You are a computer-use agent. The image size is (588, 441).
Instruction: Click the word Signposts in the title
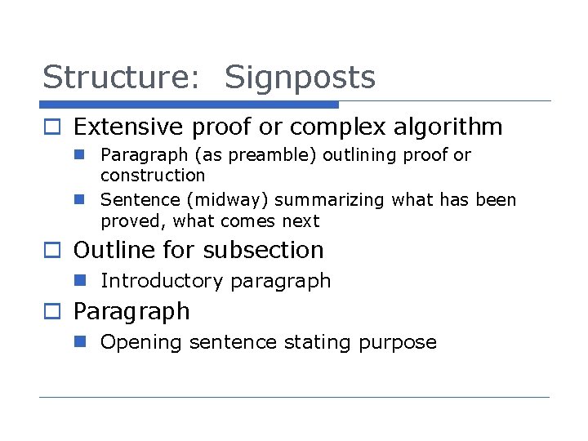pyautogui.click(x=300, y=78)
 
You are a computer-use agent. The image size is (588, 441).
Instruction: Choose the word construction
pyautogui.click(x=153, y=176)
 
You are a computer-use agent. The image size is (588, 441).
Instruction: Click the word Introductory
pyautogui.click(x=161, y=281)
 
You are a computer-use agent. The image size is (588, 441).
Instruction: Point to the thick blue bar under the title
pyautogui.click(x=189, y=105)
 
